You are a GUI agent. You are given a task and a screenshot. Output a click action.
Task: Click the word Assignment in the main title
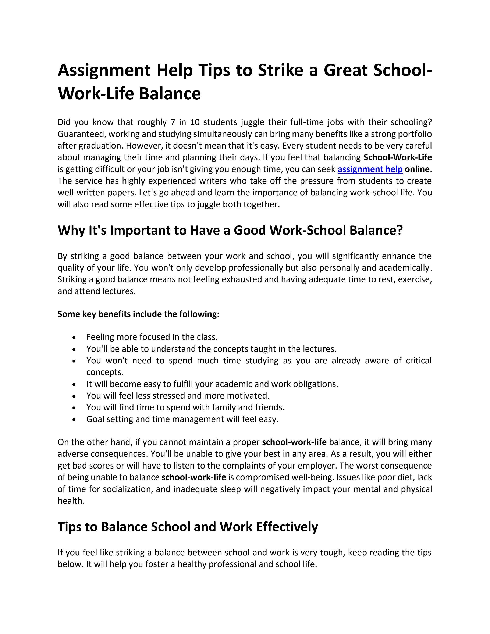[104, 71]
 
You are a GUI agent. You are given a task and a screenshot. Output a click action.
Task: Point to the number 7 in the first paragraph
[173, 122]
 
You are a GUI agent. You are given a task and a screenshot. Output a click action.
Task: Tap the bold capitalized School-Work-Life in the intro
[397, 157]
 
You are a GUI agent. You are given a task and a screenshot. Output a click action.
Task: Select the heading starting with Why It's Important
[230, 230]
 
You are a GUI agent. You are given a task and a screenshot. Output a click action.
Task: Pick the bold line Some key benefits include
[138, 314]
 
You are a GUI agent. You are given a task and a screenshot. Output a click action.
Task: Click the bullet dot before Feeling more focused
[75, 338]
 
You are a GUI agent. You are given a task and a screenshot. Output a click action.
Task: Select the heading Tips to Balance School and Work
[188, 527]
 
